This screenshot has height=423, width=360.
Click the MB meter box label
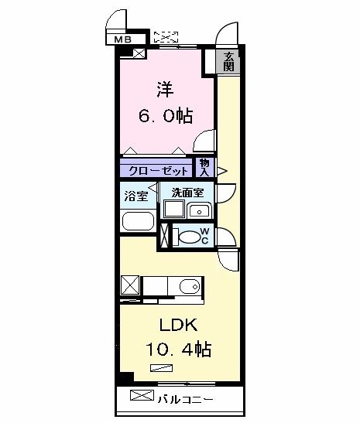(123, 39)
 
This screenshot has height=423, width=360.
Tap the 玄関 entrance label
(228, 62)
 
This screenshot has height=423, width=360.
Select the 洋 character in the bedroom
(165, 90)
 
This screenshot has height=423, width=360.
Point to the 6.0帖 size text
(166, 116)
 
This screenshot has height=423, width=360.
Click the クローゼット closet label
(158, 171)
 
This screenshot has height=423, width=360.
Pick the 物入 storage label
(204, 168)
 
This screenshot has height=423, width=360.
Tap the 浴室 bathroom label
(136, 196)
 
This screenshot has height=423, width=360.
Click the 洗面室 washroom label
(187, 193)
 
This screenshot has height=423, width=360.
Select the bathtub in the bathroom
(138, 221)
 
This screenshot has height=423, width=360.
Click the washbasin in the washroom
(199, 211)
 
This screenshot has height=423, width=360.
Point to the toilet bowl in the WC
(190, 237)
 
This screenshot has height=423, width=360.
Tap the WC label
(204, 236)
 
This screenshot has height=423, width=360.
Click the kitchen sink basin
(190, 285)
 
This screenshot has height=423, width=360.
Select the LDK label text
(178, 325)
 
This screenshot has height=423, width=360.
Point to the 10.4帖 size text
(179, 350)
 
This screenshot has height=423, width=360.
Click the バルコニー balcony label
(186, 399)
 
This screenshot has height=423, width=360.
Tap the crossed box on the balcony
(142, 395)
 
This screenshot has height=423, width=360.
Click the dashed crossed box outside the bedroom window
(166, 37)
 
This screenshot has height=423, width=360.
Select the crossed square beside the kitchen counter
(130, 285)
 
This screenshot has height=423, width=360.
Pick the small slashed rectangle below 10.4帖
(162, 368)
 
